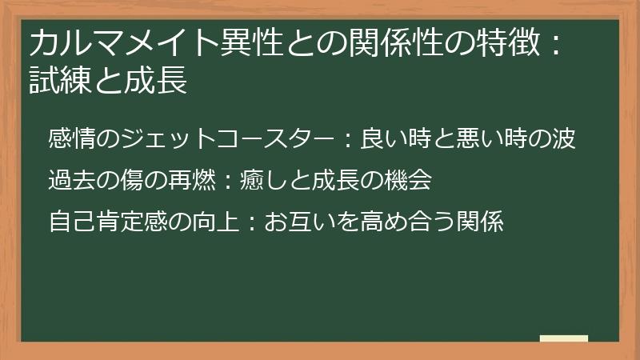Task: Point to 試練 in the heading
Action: tap(58, 81)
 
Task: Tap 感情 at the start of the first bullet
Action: tap(66, 138)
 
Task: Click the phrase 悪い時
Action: tap(488, 138)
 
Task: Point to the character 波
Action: tap(563, 138)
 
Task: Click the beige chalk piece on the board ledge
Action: tap(563, 338)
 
